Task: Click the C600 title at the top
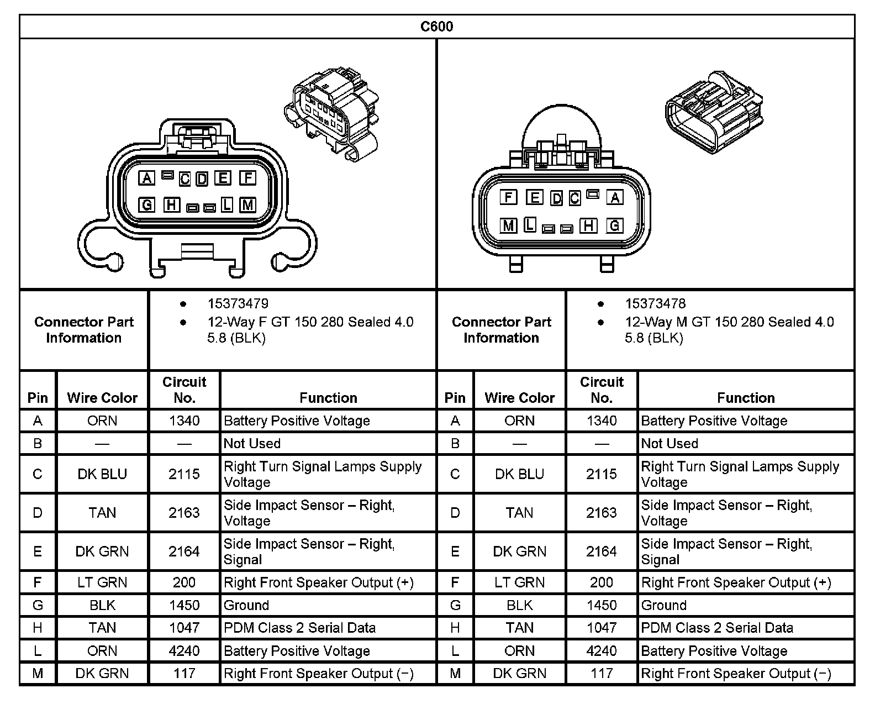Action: click(436, 27)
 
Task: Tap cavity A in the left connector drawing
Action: click(146, 178)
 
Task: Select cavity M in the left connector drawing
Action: click(248, 205)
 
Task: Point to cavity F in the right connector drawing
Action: click(508, 197)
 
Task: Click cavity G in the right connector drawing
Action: click(614, 225)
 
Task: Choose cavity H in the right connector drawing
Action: click(589, 225)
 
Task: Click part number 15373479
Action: click(238, 303)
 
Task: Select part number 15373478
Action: click(655, 303)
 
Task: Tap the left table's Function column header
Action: click(328, 398)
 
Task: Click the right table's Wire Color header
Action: click(519, 398)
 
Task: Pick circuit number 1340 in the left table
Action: click(184, 421)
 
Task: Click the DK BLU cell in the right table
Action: click(519, 474)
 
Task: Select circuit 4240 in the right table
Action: click(602, 651)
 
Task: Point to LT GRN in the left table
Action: click(102, 582)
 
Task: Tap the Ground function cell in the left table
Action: click(246, 605)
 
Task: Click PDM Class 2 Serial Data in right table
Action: click(717, 628)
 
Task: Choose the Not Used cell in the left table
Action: click(252, 443)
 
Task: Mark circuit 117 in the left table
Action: click(184, 674)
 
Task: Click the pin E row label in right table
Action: click(455, 551)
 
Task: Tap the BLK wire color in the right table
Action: click(519, 605)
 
